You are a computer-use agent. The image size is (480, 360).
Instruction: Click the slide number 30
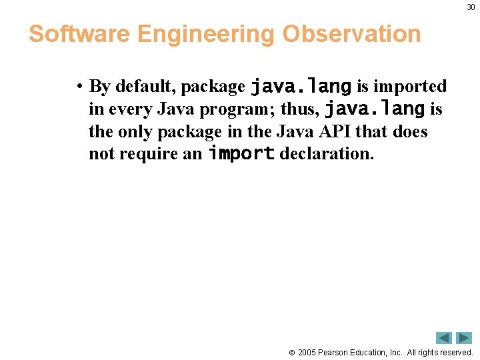click(471, 7)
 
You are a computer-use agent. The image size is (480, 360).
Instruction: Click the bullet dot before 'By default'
click(79, 87)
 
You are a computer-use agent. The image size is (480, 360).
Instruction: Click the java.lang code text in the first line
click(301, 86)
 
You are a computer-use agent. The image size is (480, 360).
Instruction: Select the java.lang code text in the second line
click(374, 108)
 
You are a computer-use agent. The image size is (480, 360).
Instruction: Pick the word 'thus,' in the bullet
click(301, 109)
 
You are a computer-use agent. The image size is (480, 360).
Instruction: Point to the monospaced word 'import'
click(241, 153)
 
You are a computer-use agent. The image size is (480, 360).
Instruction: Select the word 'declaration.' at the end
click(326, 154)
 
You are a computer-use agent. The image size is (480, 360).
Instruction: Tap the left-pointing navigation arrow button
click(444, 338)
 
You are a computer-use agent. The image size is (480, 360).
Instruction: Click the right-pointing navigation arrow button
click(463, 338)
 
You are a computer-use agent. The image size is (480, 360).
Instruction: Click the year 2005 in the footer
click(307, 352)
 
